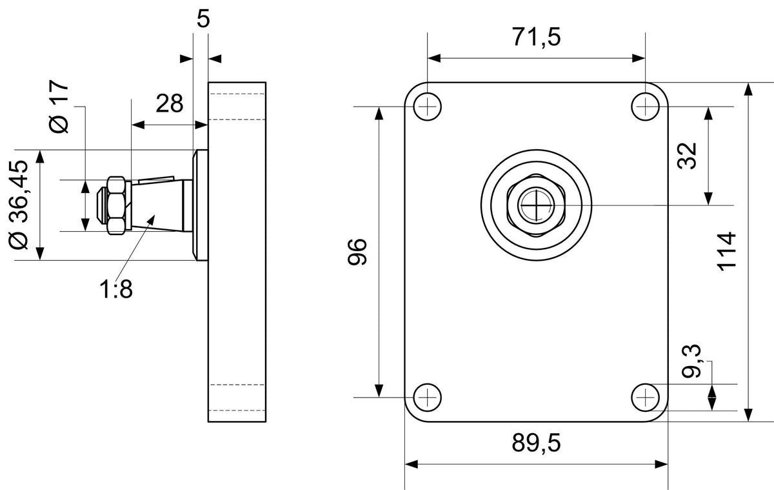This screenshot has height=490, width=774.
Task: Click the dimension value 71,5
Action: point(536,37)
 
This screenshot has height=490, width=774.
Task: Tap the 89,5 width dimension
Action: point(536,443)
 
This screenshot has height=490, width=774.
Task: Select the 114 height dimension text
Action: point(726,252)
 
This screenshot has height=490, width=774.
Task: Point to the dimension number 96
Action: point(357,252)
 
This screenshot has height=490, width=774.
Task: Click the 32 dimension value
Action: point(687,156)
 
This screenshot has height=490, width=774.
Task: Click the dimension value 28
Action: point(169,103)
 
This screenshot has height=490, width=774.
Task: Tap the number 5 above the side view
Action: point(203,19)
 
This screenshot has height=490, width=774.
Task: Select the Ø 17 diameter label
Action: point(59,107)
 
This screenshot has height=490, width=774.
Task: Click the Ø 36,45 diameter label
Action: point(19,205)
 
